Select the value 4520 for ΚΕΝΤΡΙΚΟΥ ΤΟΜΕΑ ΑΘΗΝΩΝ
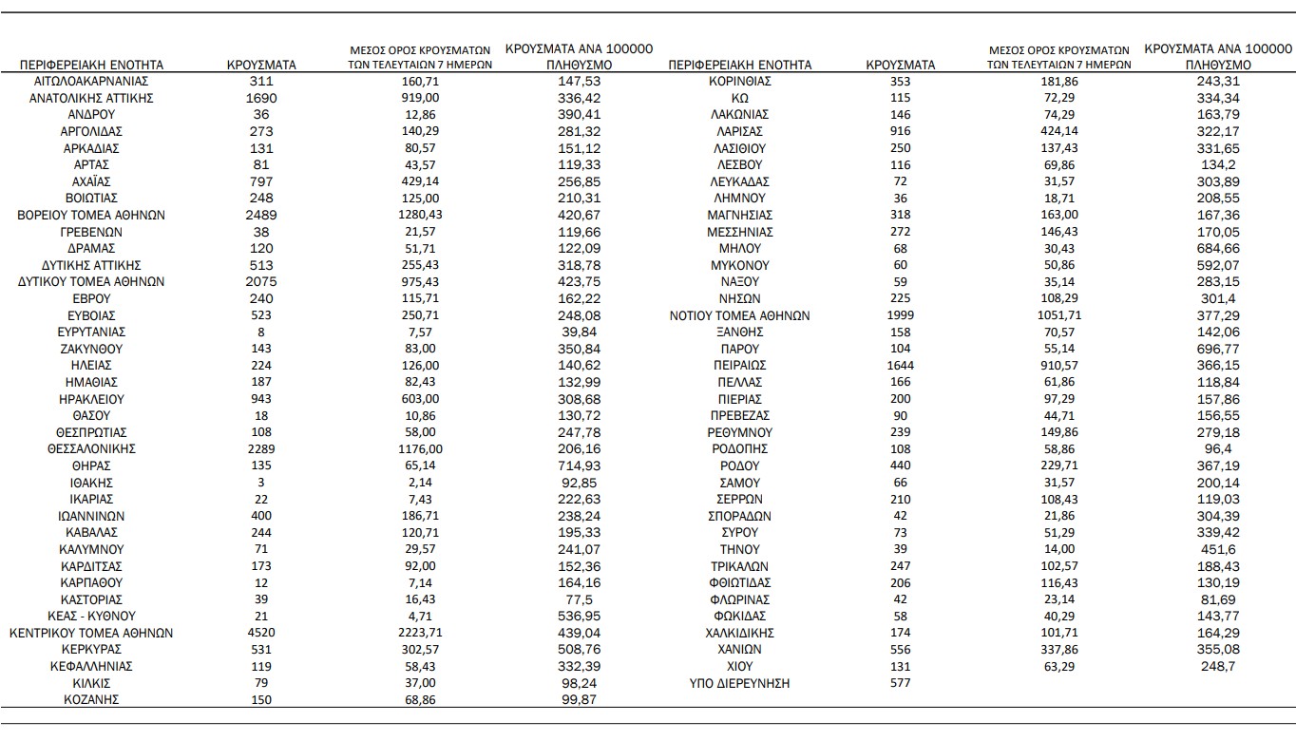[261, 633]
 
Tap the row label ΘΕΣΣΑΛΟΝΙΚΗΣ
[91, 448]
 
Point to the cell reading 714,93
[580, 465]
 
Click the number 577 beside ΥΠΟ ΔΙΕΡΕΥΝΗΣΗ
[900, 683]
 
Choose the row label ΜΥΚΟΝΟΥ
[739, 265]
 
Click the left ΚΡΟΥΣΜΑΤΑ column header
[261, 65]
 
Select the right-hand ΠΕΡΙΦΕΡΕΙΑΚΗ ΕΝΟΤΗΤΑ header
[740, 65]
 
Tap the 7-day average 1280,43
[419, 215]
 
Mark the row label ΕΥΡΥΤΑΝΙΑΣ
[91, 332]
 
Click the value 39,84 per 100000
[580, 332]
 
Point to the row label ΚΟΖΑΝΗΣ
[91, 700]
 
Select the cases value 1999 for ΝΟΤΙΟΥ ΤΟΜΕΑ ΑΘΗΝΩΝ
[900, 315]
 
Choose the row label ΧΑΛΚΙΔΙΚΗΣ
[739, 633]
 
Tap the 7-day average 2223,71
[419, 633]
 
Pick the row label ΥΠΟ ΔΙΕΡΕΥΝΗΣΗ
[739, 683]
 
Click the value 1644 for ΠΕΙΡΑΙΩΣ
[900, 365]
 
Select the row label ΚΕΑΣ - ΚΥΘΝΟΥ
[91, 616]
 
